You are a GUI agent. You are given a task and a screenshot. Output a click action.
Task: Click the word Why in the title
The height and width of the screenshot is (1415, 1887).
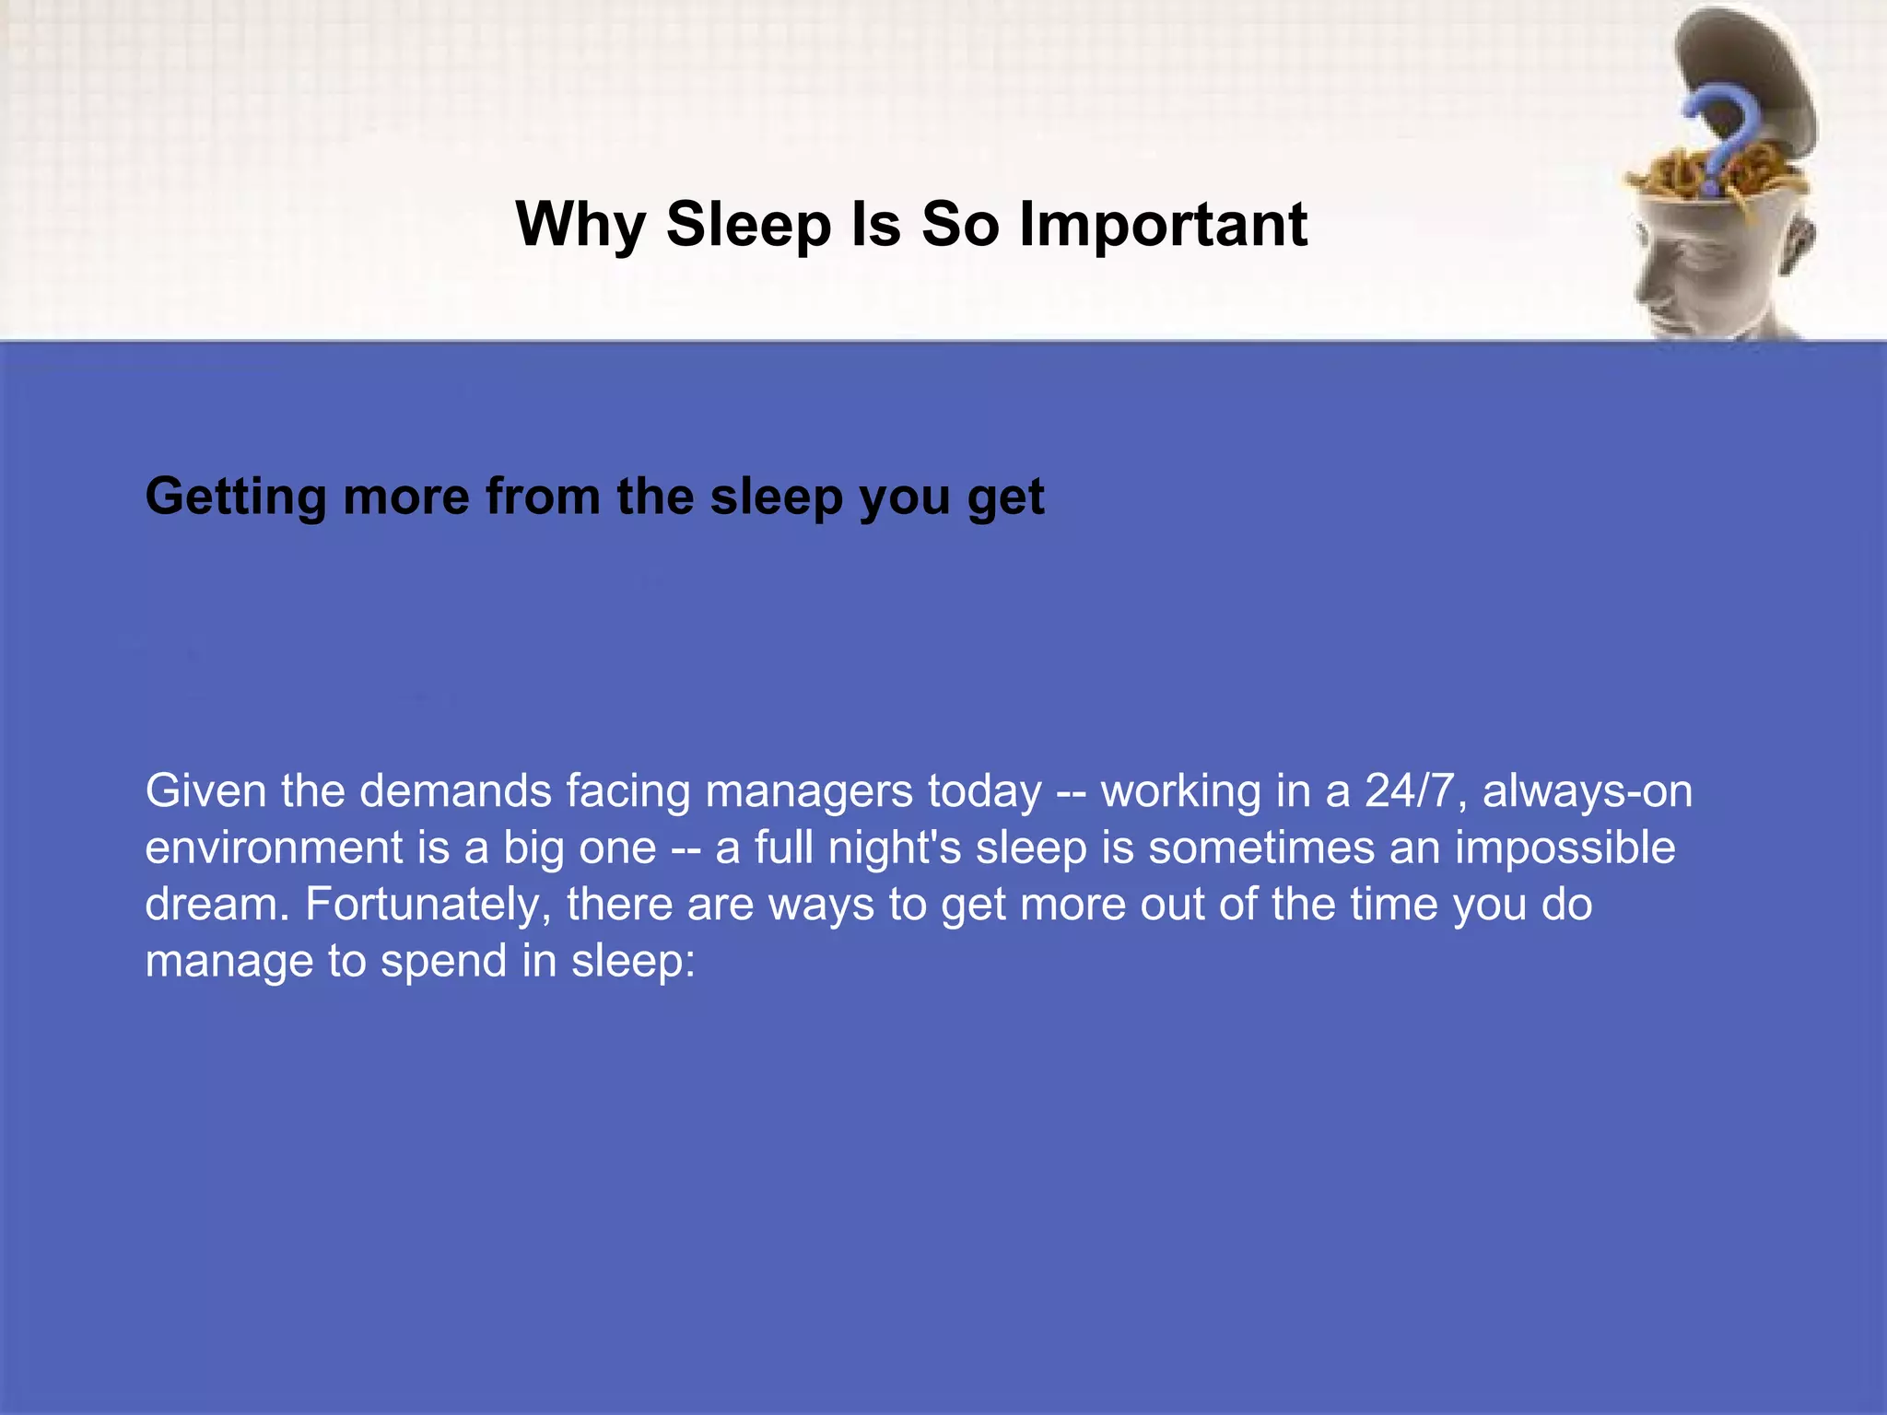pyautogui.click(x=580, y=225)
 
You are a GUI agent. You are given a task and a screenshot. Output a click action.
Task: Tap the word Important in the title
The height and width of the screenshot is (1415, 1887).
pyautogui.click(x=1163, y=225)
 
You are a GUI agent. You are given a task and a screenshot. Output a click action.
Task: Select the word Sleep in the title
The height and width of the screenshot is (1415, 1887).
pyautogui.click(x=747, y=225)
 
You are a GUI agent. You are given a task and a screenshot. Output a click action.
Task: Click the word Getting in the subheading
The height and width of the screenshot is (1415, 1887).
pyautogui.click(x=235, y=497)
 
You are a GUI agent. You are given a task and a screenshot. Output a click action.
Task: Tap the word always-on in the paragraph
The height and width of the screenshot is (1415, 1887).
pyautogui.click(x=1587, y=790)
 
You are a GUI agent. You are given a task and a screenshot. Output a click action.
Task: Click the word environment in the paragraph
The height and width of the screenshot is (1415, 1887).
pyautogui.click(x=273, y=848)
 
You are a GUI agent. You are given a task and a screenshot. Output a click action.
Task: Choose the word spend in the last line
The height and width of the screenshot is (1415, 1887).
pyautogui.click(x=443, y=962)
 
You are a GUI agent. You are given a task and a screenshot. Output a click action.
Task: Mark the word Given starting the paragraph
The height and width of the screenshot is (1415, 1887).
pyautogui.click(x=205, y=790)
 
